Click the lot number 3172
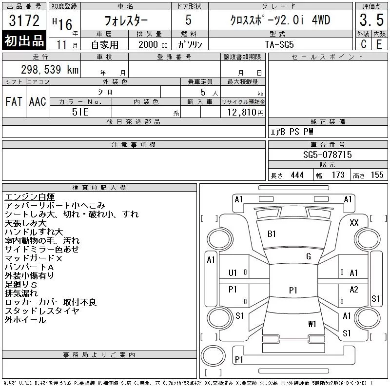(24, 20)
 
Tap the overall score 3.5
(371, 20)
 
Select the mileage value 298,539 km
(50, 69)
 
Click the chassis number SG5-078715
(327, 155)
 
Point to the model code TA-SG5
(279, 44)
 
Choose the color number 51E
(80, 112)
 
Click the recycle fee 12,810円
(246, 112)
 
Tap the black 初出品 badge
(24, 40)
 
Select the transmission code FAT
(14, 101)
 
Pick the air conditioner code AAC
(38, 101)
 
